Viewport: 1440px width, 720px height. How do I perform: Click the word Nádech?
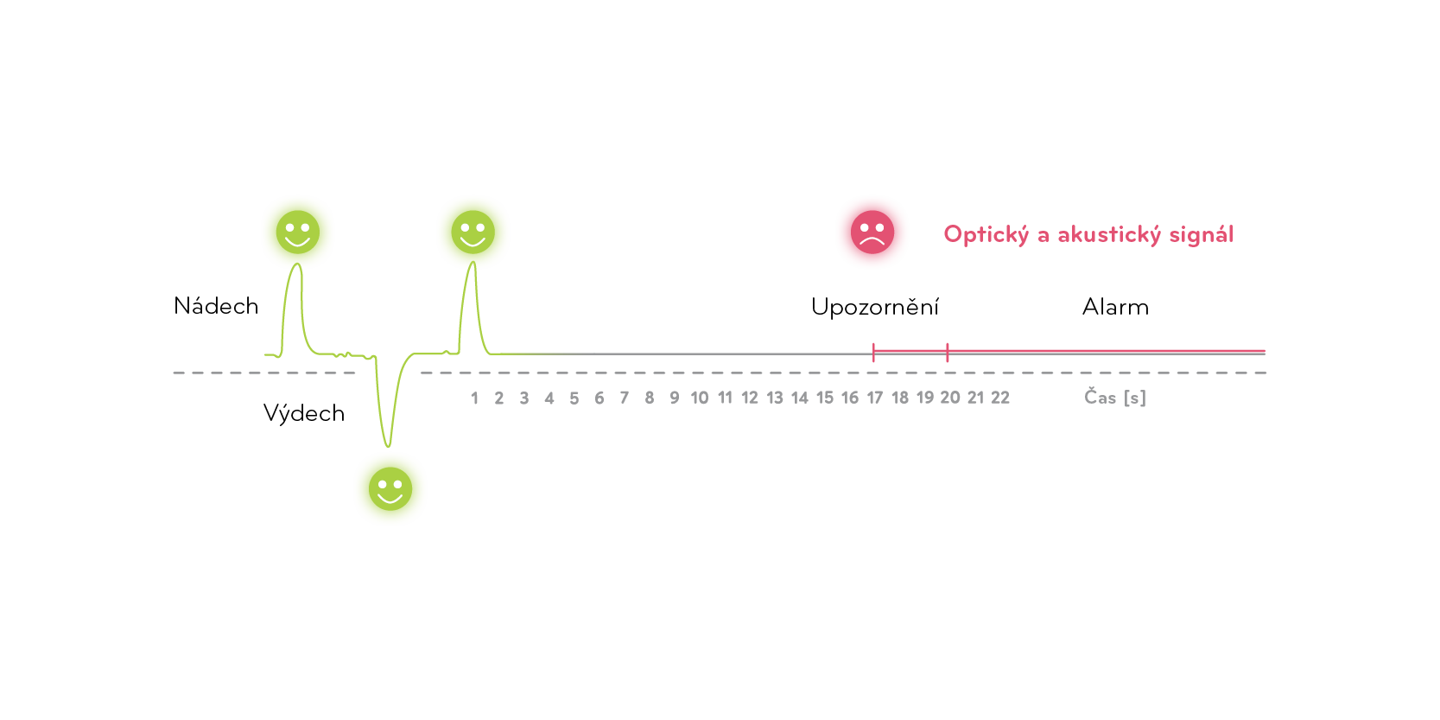coord(216,306)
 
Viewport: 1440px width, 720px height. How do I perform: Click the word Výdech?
coord(304,413)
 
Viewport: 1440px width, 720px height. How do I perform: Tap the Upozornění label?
coord(874,307)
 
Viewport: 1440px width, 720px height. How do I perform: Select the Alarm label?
coord(1115,307)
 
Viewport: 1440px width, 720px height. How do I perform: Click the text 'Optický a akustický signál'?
coord(1088,234)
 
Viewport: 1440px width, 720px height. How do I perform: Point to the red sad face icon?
coord(872,233)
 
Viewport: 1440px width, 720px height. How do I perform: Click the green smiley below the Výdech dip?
coord(390,489)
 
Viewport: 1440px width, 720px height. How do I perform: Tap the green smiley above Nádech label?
coord(298,233)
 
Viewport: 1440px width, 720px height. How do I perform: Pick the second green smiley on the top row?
coord(473,233)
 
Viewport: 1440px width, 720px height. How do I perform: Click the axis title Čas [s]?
coord(1115,398)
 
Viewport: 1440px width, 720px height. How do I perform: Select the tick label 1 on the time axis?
coord(474,398)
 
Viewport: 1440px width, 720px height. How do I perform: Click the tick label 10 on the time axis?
coord(700,398)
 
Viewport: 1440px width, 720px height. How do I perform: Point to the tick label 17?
coord(875,398)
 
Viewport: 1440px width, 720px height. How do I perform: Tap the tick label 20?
coord(950,398)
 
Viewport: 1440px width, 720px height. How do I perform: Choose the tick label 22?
coord(1000,398)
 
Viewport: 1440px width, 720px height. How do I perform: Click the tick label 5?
coord(574,398)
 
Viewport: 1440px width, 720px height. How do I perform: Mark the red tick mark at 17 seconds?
coord(874,352)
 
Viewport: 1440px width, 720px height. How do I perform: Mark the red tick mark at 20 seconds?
coord(948,352)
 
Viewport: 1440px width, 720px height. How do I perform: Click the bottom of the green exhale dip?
coord(388,445)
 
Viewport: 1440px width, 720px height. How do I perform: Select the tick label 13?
coord(775,398)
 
